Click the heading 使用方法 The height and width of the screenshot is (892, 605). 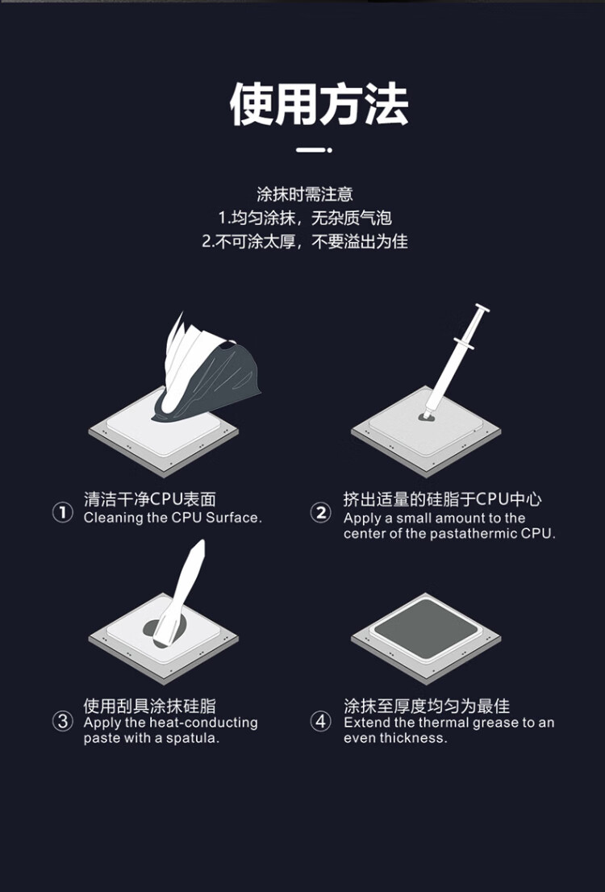pos(319,104)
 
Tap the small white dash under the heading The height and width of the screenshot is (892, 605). pos(314,150)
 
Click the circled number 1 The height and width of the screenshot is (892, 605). pos(63,512)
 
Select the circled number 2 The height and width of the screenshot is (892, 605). pos(321,512)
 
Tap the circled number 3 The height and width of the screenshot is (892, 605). pos(63,721)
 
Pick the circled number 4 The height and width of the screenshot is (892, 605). pos(321,721)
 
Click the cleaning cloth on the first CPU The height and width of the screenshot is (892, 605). pos(205,369)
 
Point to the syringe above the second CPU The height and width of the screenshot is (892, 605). pos(455,358)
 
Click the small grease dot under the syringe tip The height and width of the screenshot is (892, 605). pos(426,417)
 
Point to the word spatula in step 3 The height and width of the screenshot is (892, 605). pos(192,739)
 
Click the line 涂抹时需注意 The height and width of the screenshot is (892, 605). pos(304,194)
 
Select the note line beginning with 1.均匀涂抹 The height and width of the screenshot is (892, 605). pos(305,217)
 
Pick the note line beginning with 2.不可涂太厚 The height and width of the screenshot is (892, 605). pos(305,241)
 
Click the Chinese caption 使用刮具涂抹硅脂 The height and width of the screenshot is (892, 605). pos(150,706)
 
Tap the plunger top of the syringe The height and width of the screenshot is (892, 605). pos(482,308)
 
